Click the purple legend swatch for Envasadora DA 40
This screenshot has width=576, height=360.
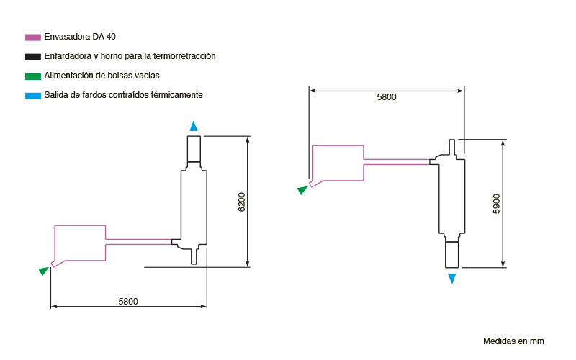point(32,37)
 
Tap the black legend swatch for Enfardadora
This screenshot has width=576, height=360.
point(32,57)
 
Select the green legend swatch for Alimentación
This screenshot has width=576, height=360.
point(32,76)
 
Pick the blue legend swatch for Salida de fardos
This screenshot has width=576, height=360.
point(32,96)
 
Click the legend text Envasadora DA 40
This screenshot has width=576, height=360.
point(80,37)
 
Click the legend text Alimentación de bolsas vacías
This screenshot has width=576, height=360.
point(102,76)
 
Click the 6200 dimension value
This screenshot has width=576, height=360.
point(241,202)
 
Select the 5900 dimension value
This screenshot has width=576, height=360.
point(496,204)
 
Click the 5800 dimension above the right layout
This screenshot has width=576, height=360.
point(387,97)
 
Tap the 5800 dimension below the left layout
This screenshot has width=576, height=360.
point(128,302)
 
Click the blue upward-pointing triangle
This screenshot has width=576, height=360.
point(194,127)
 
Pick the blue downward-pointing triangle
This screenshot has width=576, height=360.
point(452,279)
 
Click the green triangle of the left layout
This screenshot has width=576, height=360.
point(44,271)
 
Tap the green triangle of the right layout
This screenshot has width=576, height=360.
point(302,190)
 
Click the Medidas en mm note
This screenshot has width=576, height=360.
point(513,341)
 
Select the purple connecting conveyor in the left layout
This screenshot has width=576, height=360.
point(138,241)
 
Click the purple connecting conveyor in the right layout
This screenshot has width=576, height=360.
point(397,161)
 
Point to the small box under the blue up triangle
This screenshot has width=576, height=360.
point(194,149)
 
